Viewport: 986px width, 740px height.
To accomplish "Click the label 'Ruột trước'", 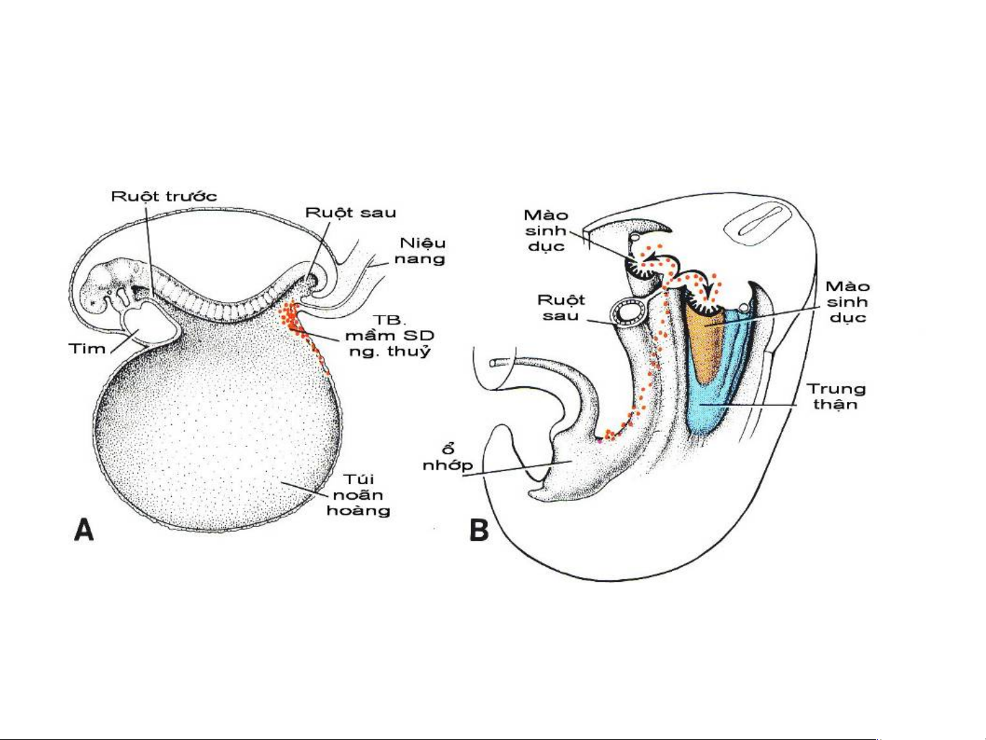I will coord(164,196).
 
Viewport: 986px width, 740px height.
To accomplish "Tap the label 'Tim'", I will coord(88,348).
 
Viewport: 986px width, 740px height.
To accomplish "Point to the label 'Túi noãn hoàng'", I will coord(358,495).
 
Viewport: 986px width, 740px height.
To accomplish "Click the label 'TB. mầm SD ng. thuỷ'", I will coord(389,335).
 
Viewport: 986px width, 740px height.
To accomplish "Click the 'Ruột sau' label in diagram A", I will coord(350,212).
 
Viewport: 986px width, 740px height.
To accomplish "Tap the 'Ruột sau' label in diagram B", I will coord(561,307).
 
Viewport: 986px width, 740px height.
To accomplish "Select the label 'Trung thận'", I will coord(835,396).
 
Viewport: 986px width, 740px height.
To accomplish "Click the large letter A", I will coord(83,529).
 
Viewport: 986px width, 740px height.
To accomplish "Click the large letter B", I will coord(479,531).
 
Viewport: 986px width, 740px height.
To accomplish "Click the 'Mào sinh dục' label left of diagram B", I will coord(546,231).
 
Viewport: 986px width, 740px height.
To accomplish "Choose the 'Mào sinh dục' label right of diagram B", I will coord(847,302).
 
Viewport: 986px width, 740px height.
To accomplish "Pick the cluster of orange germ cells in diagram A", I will coord(291,316).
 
